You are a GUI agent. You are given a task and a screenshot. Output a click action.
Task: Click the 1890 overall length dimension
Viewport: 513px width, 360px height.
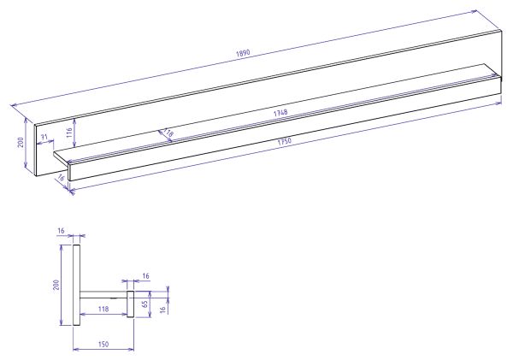(x=245, y=55)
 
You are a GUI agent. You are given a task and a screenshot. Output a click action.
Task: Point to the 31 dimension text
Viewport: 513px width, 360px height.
(x=44, y=137)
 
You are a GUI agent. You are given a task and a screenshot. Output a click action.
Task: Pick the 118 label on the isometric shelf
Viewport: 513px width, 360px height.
(x=168, y=133)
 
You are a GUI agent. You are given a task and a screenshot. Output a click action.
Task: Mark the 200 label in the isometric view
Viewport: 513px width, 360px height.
(x=21, y=142)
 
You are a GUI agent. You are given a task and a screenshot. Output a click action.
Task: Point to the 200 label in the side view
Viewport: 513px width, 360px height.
(x=56, y=284)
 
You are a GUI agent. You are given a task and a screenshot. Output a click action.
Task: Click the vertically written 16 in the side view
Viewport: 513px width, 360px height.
(x=162, y=308)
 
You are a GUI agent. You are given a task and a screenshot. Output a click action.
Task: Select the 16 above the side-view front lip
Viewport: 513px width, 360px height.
(x=145, y=277)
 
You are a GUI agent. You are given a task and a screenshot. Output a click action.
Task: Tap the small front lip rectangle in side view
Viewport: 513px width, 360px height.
(x=132, y=304)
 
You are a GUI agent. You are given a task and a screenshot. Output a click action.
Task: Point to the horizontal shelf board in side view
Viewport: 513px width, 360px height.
(x=103, y=294)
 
